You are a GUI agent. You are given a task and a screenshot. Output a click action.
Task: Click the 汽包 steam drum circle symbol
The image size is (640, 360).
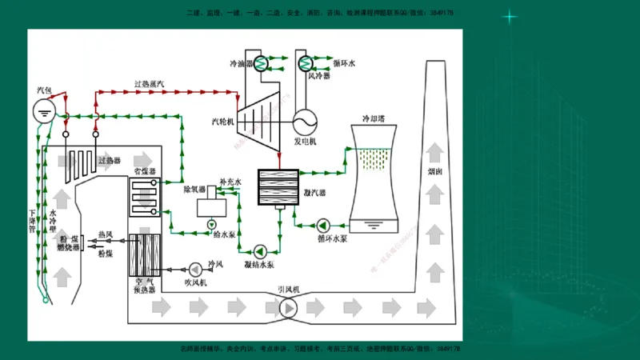coord(46,111)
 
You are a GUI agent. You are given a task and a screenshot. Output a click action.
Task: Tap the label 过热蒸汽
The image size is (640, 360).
coord(149,84)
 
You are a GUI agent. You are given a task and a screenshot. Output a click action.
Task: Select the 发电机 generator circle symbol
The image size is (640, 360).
coord(304,122)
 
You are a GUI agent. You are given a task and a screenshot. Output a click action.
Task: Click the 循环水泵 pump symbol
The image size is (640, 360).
coord(323,224)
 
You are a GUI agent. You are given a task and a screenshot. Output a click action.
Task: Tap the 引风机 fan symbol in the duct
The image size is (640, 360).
coord(287,307)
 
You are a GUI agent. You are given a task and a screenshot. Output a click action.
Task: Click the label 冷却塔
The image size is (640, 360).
coord(373,118)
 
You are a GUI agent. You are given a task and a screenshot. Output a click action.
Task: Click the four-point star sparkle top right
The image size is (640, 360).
coord(510,17)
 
